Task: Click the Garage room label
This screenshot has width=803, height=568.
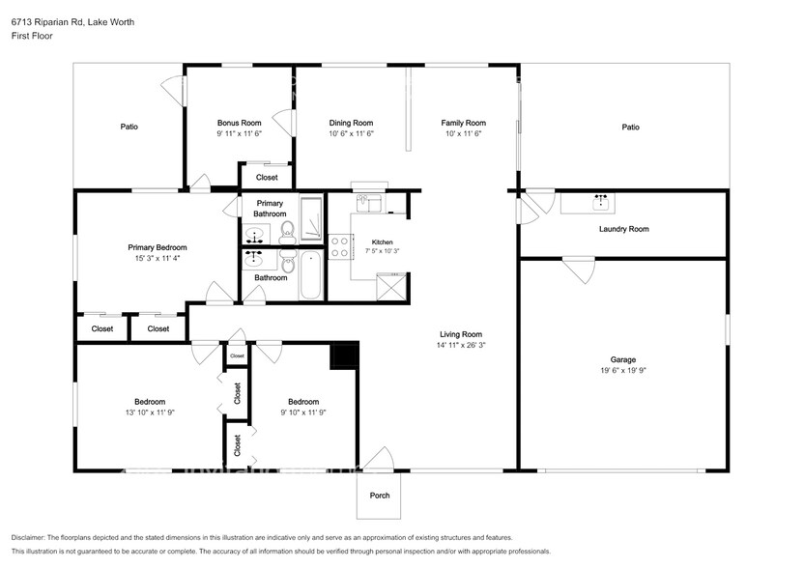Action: pos(622,359)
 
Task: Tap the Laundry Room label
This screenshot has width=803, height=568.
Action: pos(624,229)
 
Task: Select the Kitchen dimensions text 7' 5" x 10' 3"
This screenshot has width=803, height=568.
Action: pos(382,251)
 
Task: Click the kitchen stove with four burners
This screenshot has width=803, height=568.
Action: pos(338,246)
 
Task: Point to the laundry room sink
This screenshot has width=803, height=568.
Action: pos(600,203)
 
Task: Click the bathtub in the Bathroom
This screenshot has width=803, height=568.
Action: pos(310,275)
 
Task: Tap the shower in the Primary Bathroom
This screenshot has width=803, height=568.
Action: pos(311,218)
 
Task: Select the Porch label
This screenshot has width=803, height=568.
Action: pos(380,496)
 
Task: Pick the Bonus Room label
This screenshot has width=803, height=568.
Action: pos(239,123)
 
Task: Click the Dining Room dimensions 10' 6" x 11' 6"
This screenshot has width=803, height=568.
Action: pos(352,133)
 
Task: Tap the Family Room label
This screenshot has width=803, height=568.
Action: pos(464,123)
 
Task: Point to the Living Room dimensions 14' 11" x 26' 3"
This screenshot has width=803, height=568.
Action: pos(461,345)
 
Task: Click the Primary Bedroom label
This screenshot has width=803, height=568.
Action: pos(158,247)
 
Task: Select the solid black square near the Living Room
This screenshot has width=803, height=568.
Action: pos(344,355)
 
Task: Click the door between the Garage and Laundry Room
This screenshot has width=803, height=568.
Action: pos(579,270)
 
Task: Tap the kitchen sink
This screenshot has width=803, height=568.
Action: pos(369,202)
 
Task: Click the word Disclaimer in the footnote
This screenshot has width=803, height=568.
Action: pos(28,538)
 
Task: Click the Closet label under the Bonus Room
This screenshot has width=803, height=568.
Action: pos(267,177)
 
